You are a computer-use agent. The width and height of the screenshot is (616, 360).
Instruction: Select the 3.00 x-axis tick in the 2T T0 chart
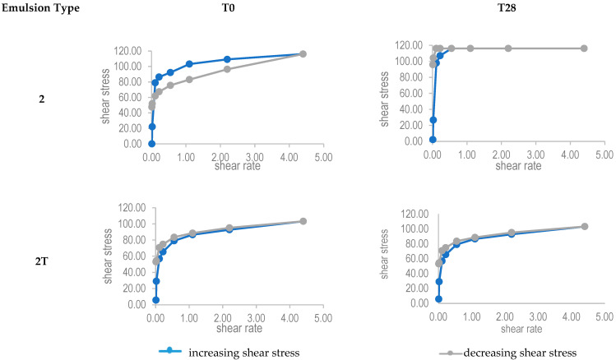pyautogui.click(x=256, y=316)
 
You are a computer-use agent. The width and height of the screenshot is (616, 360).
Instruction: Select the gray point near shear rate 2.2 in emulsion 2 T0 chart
pyautogui.click(x=227, y=69)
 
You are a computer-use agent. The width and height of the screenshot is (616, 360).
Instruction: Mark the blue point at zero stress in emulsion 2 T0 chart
pyautogui.click(x=151, y=144)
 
